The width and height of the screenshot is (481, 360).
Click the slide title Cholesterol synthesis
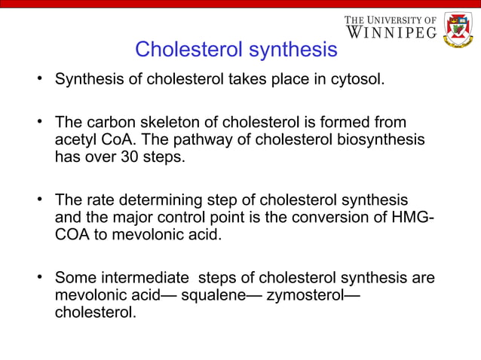235,50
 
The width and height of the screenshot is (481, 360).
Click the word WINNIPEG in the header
392,33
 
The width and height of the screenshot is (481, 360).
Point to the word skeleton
161,122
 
